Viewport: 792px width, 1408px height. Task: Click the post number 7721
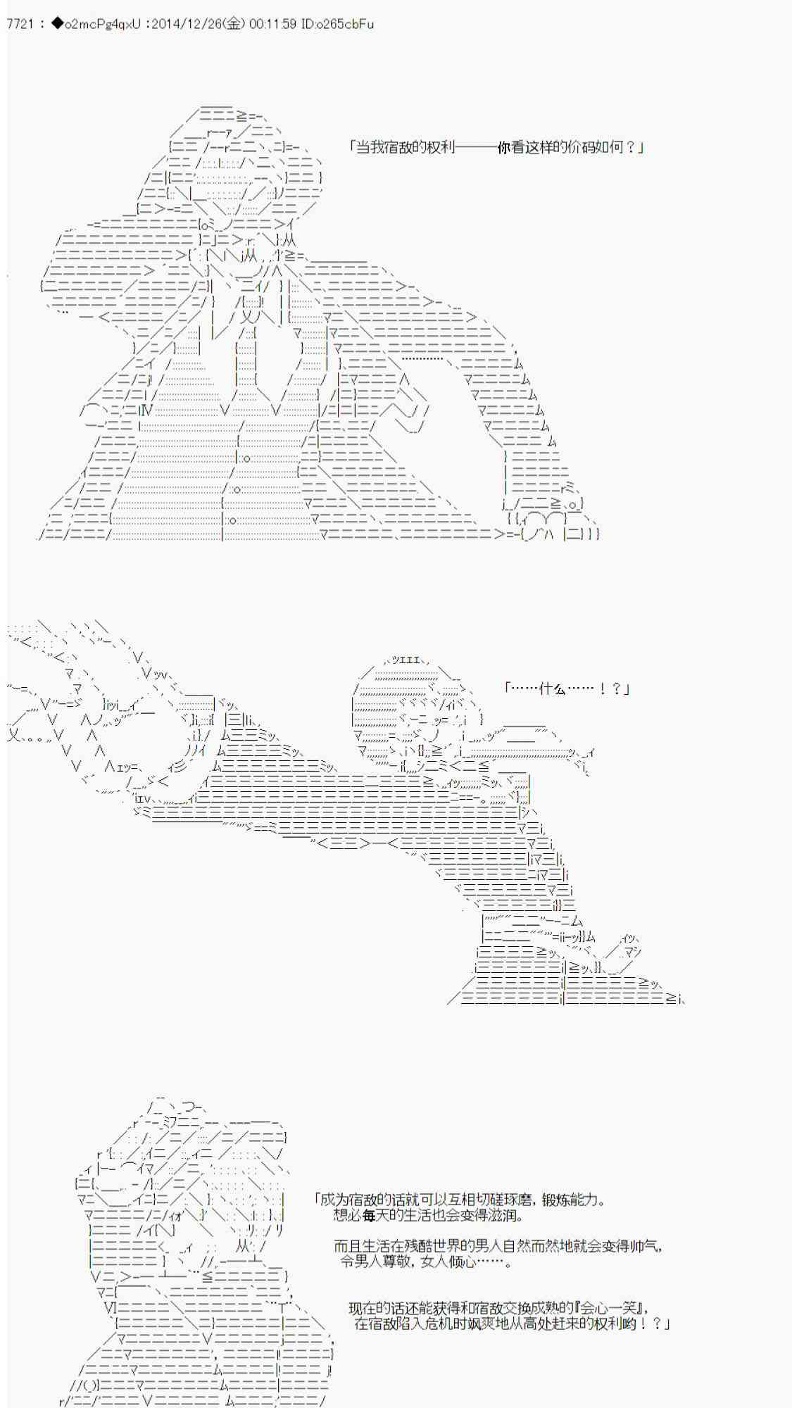click(x=20, y=24)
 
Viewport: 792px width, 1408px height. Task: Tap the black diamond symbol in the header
click(x=57, y=24)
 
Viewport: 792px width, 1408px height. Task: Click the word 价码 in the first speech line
click(x=581, y=147)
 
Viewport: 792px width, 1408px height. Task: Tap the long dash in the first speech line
click(x=476, y=147)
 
